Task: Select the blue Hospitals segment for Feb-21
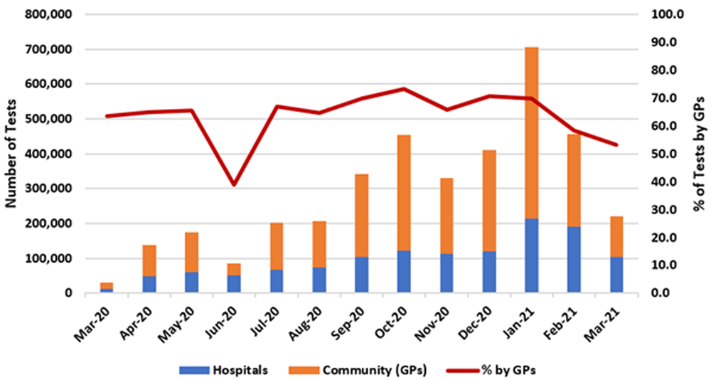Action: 574,260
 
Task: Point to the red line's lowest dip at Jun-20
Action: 234,184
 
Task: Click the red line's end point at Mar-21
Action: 616,144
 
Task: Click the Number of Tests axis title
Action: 12,154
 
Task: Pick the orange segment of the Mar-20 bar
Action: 107,285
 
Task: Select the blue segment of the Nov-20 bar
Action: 447,273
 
